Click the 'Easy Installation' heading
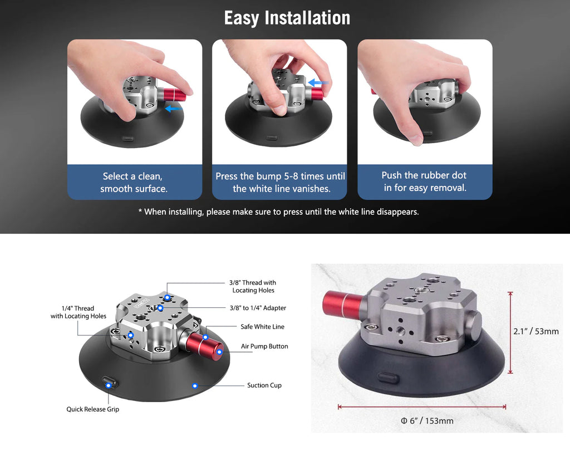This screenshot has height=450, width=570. pos(287,18)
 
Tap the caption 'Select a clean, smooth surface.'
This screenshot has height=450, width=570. pos(134,182)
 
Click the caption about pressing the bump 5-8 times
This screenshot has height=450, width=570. pos(280,182)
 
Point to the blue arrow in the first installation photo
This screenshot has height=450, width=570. pos(174,109)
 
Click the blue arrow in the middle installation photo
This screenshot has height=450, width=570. pos(318,82)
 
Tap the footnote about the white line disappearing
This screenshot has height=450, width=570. pos(278,212)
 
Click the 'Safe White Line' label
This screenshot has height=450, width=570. pos(263,327)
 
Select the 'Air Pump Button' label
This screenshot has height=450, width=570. pos(264,346)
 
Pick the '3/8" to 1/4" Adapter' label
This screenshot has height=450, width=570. pos(258,308)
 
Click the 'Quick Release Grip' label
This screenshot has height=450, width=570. pos(93,409)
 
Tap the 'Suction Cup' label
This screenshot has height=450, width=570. pos(264,385)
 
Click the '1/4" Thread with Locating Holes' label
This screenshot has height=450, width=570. pos(78,312)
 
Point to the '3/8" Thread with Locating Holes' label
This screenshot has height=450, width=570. pos(253,286)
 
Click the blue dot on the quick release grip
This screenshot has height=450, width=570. pos(109,385)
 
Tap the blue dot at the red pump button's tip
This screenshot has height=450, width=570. pos(219,352)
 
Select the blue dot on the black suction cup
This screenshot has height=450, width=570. pos(195,385)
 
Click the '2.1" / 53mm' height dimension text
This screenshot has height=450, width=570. pos(536,331)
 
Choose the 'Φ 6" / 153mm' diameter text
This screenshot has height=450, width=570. pos(427,421)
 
